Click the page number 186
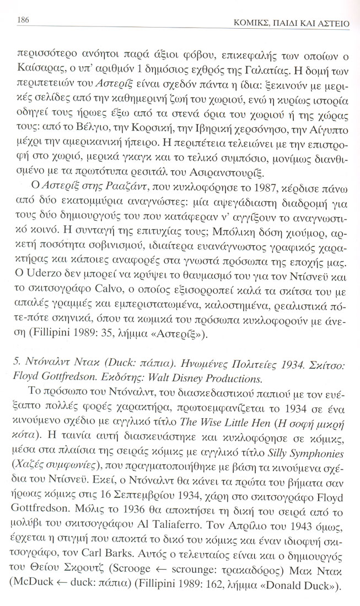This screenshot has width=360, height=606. [x=24, y=20]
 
